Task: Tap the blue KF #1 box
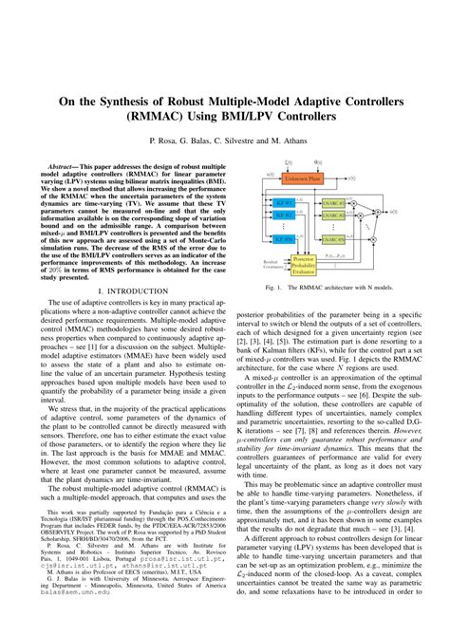[x=282, y=202]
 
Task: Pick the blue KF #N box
[x=282, y=239]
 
